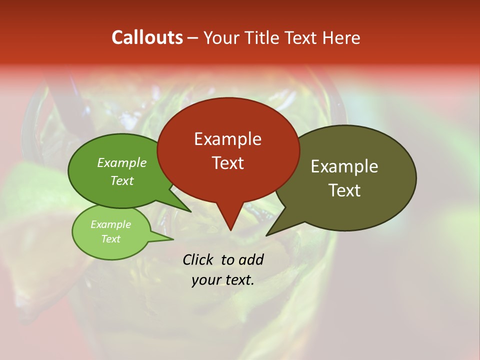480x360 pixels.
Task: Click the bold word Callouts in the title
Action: [147, 37]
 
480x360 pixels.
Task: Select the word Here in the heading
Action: [342, 37]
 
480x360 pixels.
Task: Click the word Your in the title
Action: [221, 37]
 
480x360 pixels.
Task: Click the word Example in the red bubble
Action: [227, 139]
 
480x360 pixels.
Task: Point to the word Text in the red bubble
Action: [227, 163]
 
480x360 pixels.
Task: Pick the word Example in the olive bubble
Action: [344, 166]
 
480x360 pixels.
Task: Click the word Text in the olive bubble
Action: [344, 190]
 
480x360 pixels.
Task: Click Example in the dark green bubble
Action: [122, 163]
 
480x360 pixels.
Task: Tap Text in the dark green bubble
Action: [122, 180]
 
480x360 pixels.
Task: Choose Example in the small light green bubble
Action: [110, 224]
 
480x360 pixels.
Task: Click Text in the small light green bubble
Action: [110, 239]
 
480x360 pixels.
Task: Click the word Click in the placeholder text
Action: [198, 259]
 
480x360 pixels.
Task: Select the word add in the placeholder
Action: [250, 259]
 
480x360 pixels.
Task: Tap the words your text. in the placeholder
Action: [223, 280]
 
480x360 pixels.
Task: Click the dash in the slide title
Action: [193, 37]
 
